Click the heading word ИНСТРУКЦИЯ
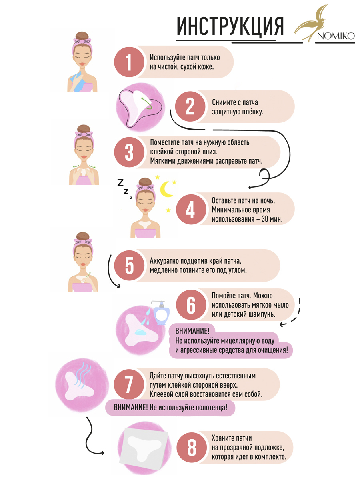(230, 26)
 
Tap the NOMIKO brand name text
(336, 36)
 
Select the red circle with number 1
(129, 62)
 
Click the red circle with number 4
(191, 209)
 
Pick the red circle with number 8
(192, 447)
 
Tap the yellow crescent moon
(166, 189)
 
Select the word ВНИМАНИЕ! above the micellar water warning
(192, 331)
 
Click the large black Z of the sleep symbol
(120, 182)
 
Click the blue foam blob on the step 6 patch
(140, 332)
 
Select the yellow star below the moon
(168, 210)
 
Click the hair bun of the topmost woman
(82, 36)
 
